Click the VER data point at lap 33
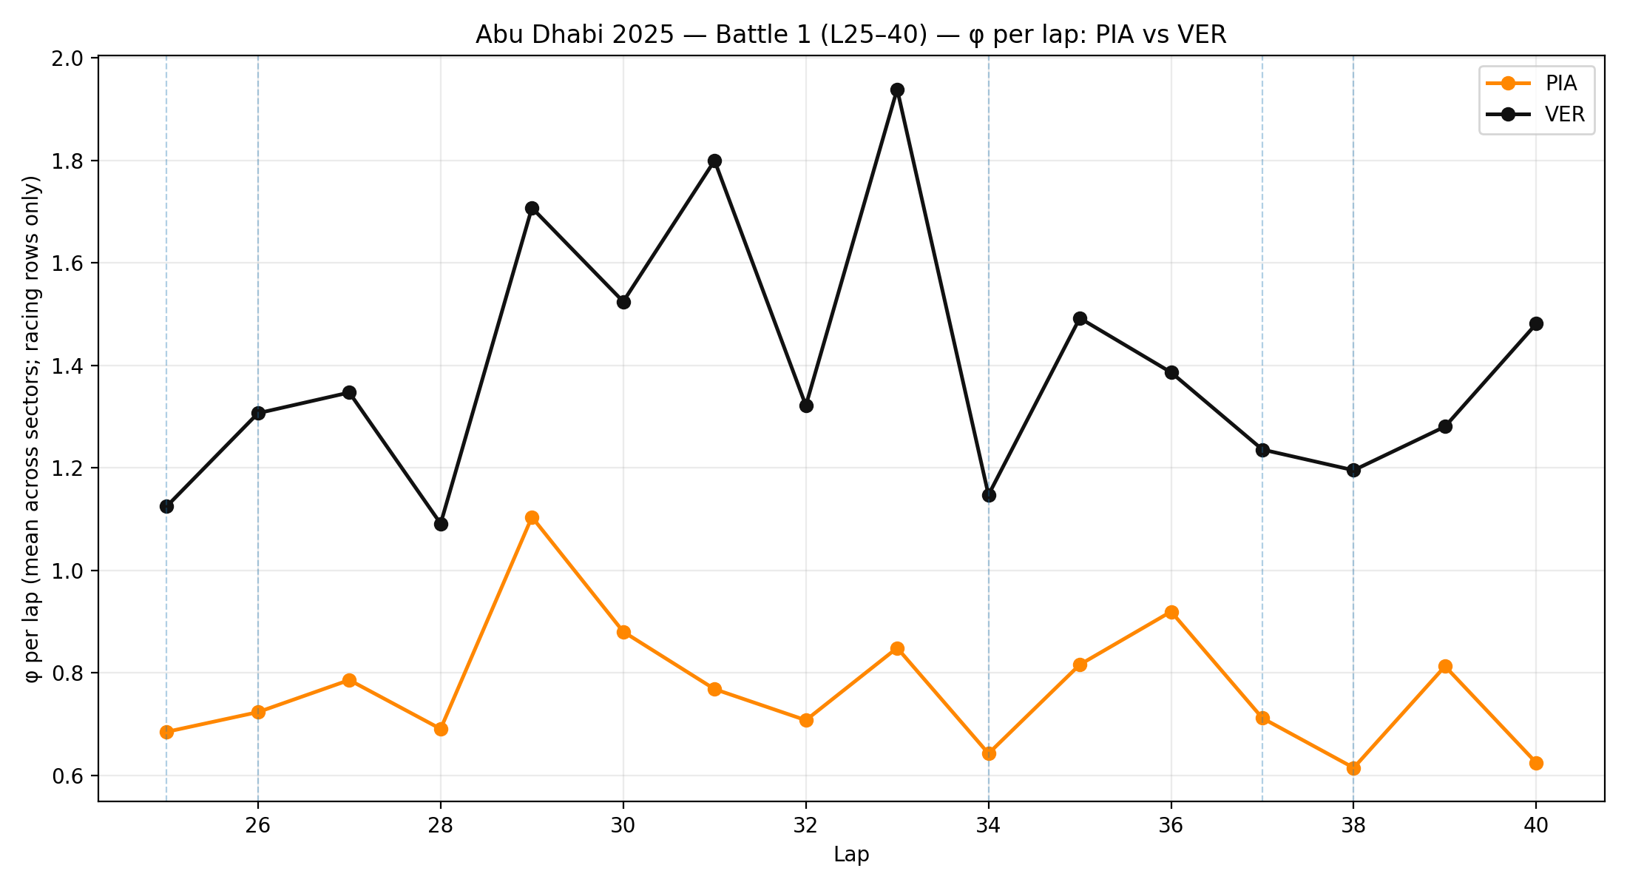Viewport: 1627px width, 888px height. point(897,90)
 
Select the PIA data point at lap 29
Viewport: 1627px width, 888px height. point(532,517)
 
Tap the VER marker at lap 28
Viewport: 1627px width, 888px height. point(441,524)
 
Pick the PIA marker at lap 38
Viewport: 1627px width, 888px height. point(1353,768)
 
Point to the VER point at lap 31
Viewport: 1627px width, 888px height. point(714,161)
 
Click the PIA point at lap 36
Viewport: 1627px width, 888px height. point(1171,612)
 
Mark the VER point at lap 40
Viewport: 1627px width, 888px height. point(1536,323)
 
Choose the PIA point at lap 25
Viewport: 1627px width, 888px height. point(166,732)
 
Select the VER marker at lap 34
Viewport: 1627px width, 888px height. point(989,495)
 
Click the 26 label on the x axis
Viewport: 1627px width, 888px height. point(258,825)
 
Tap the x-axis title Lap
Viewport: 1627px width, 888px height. point(851,855)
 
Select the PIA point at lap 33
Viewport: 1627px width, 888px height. point(897,648)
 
